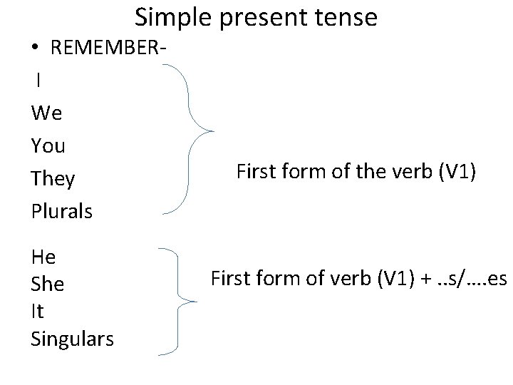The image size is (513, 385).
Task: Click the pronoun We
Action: [47, 113]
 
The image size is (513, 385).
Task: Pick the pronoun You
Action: [48, 146]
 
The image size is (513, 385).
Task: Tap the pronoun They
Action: [53, 179]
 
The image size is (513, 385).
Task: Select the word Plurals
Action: [62, 212]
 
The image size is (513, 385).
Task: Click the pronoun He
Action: [43, 256]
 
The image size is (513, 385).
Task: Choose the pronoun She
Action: [48, 284]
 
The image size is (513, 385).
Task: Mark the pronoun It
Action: [37, 312]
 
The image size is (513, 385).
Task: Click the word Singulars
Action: [72, 339]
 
